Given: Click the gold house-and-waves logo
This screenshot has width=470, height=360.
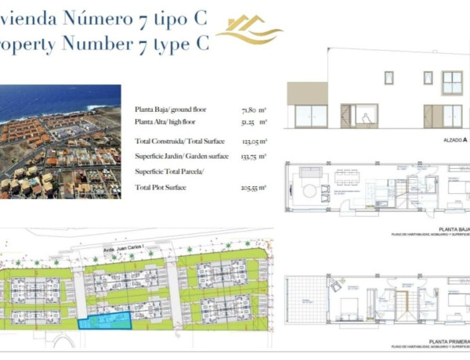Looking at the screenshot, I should point(248,29).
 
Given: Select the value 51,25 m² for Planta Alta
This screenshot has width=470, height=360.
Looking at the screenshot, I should point(255,123).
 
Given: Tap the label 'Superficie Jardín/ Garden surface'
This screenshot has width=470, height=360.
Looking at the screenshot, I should point(182,156).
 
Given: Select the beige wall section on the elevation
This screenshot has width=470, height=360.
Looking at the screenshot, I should point(306,93).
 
